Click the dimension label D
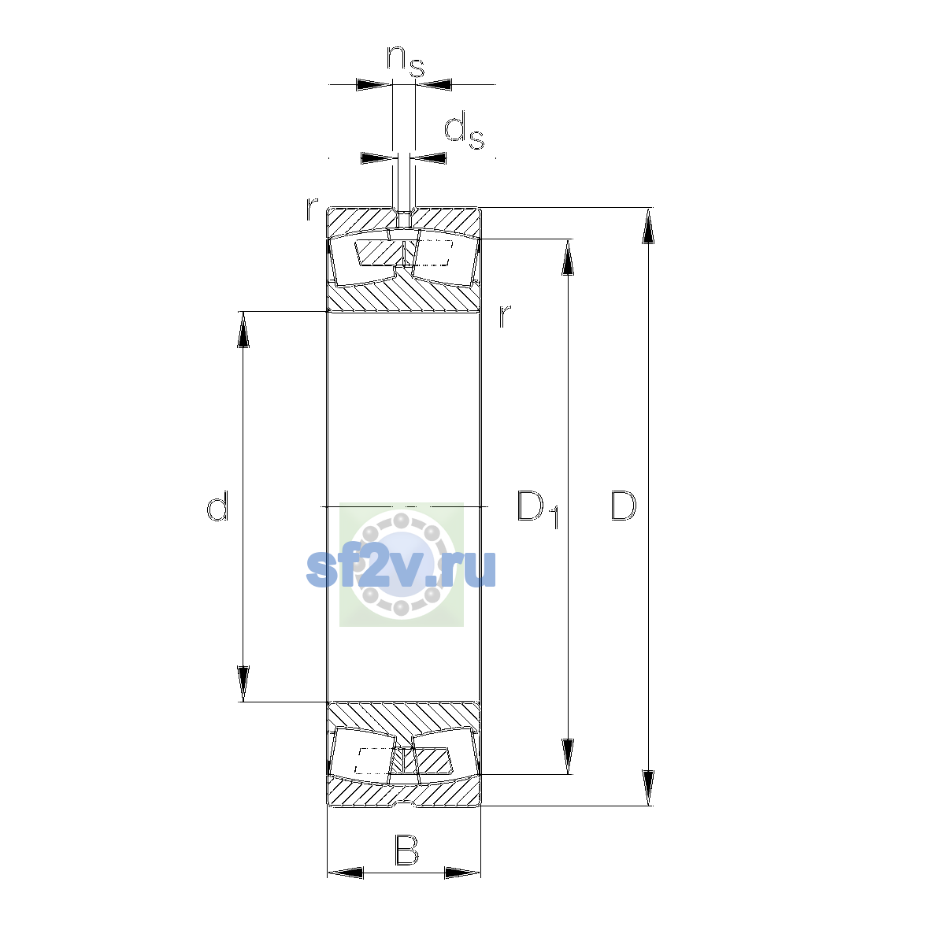coord(623,505)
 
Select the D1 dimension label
coord(538,509)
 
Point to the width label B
coord(406,850)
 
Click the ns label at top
coord(405,61)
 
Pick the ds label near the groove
coord(464,131)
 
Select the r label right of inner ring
coord(505,316)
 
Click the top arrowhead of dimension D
coord(648,225)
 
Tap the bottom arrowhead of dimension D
coord(648,787)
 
